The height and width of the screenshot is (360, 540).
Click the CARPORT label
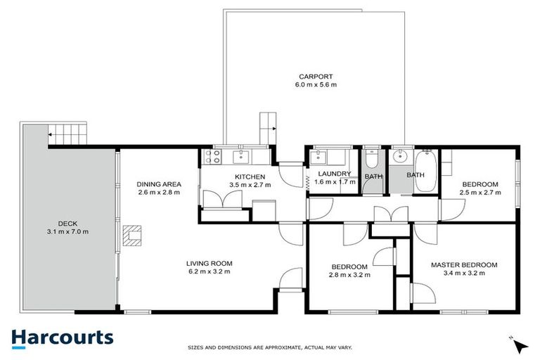[x=316, y=77]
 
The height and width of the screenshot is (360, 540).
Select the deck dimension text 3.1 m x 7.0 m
[x=67, y=231]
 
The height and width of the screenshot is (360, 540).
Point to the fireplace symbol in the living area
[x=132, y=235]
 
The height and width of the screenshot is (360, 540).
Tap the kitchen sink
[x=243, y=156]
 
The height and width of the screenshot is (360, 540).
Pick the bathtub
[x=426, y=170]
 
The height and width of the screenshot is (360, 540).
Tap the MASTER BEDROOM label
[x=464, y=265]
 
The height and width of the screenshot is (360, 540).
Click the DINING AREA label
[x=159, y=184]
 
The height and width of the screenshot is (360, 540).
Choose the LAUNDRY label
[x=334, y=174]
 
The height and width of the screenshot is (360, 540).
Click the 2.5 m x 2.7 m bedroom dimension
[x=480, y=191]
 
